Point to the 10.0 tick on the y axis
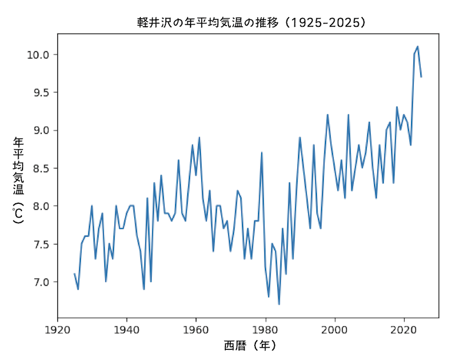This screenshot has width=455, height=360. [39, 55]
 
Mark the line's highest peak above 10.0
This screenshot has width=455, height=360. [418, 47]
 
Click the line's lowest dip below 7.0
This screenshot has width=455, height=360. [279, 304]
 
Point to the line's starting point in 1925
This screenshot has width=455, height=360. [74, 274]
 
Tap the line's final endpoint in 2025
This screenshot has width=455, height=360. [421, 77]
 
